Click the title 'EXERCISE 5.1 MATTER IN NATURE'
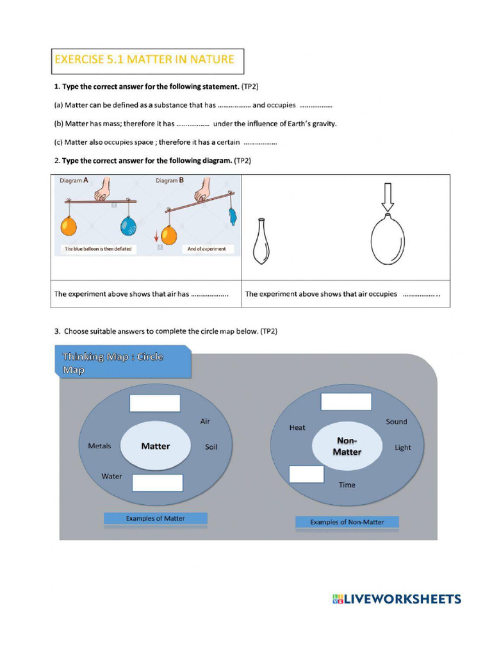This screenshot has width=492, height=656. tap(144, 60)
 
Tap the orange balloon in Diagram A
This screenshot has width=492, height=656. tap(68, 225)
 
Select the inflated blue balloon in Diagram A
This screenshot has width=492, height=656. tap(129, 225)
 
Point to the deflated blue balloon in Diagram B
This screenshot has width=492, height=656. tap(231, 216)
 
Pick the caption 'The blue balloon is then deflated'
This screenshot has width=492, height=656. tap(98, 249)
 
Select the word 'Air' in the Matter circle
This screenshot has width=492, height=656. tap(205, 422)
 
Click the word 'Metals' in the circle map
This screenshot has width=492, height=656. tap(99, 446)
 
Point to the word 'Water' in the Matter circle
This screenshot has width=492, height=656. tap(111, 476)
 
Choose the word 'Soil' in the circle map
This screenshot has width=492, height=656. tap(211, 447)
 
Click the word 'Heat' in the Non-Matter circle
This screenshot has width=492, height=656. tap(297, 427)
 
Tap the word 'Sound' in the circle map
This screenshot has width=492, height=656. tap(396, 422)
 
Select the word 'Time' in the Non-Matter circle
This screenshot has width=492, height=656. tap(347, 485)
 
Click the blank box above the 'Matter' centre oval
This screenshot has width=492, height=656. tap(155, 403)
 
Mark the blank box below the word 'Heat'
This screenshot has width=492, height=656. tap(306, 473)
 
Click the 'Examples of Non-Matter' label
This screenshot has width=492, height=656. tap(347, 522)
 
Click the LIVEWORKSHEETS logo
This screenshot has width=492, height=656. tap(397, 599)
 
